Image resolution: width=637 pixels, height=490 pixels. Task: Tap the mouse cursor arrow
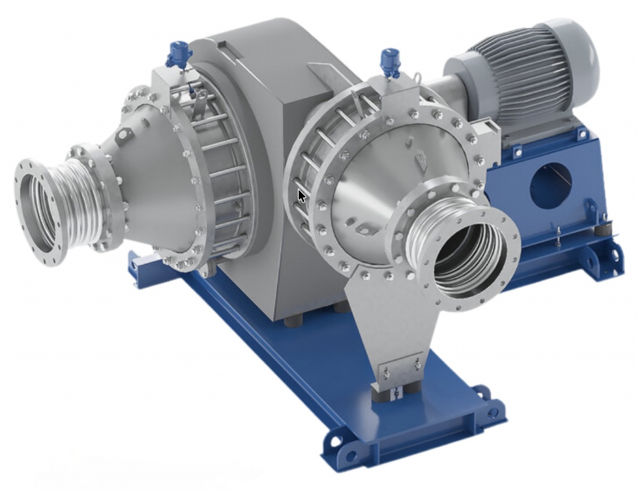302,196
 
